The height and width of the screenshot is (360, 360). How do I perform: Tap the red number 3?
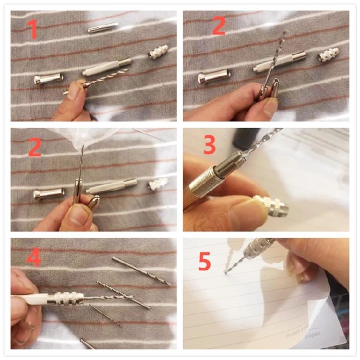coord(209,145)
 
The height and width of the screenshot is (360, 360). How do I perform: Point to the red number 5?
coord(205,263)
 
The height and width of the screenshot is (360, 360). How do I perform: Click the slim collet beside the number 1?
coord(103,27)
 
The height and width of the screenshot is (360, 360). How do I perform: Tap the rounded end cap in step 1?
coord(48,78)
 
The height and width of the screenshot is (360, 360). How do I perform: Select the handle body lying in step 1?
coord(107,68)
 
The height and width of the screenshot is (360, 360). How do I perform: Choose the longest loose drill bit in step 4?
coord(141,271)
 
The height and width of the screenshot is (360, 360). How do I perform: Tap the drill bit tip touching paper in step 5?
coord(225,272)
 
